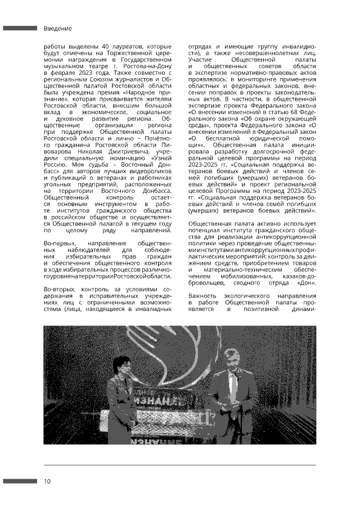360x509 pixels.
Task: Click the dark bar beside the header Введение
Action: pos(20,28)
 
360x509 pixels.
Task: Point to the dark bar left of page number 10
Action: pos(20,481)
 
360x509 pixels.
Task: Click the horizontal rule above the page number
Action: pos(179,465)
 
